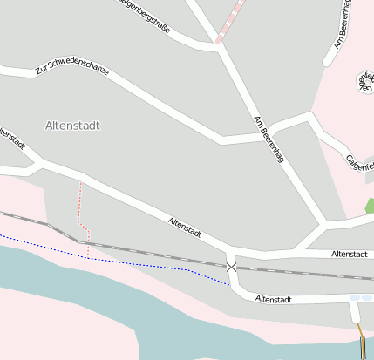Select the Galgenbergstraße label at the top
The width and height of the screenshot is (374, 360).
(x=144, y=17)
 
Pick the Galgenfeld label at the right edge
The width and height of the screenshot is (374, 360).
(x=359, y=162)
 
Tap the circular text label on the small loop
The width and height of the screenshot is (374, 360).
(x=364, y=82)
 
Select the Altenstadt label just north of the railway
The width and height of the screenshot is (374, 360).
(x=348, y=254)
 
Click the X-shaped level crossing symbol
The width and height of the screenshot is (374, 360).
(x=231, y=266)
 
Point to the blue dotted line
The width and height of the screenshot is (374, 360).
(x=131, y=263)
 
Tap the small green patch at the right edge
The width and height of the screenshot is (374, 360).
(x=370, y=207)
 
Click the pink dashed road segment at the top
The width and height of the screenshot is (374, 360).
(x=229, y=21)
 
